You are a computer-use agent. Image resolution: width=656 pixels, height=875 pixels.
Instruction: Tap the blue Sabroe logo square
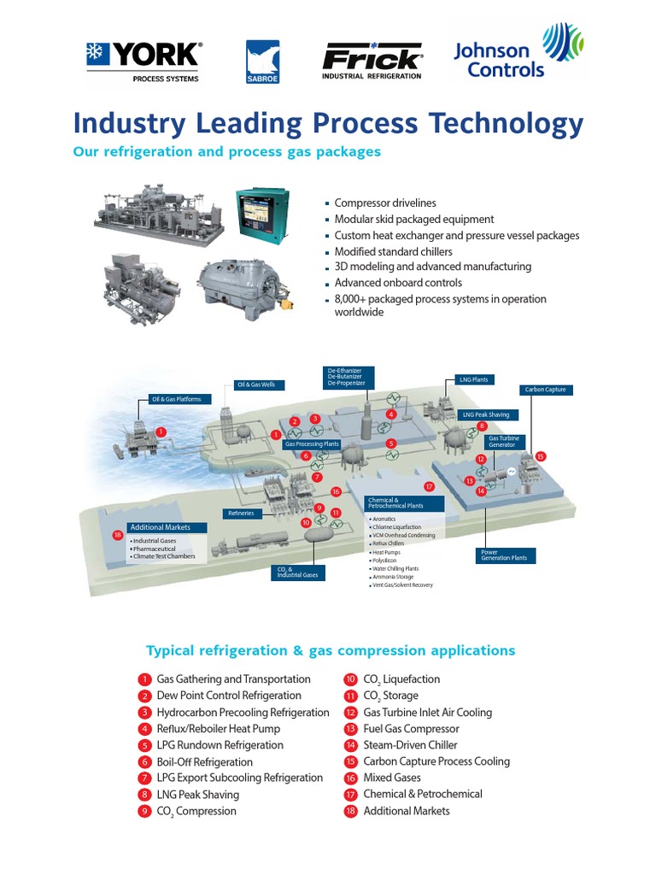[x=263, y=62]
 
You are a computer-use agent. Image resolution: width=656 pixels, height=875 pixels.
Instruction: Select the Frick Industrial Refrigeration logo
[x=372, y=62]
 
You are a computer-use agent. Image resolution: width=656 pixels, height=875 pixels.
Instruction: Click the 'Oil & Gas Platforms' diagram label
[x=177, y=399]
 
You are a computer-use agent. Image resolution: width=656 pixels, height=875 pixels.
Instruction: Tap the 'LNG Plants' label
[x=473, y=379]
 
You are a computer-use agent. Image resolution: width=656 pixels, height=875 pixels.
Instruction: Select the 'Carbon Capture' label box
[x=544, y=390]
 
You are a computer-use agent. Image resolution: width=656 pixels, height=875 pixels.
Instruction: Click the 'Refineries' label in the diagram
[x=241, y=513]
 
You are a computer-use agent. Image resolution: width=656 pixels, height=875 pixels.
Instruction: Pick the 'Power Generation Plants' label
[x=506, y=555]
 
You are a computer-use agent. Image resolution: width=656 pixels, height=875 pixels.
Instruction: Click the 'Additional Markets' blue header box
[x=159, y=527]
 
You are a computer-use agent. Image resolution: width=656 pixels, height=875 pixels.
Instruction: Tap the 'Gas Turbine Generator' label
[x=502, y=442]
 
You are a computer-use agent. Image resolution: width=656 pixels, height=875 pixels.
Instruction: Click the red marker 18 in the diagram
[x=118, y=535]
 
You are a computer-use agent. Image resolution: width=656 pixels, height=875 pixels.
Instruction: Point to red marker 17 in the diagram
[x=429, y=486]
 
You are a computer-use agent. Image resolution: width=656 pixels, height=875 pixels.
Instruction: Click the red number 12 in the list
[x=350, y=713]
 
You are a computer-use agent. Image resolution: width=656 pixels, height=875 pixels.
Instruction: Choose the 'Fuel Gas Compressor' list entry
[x=411, y=729]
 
